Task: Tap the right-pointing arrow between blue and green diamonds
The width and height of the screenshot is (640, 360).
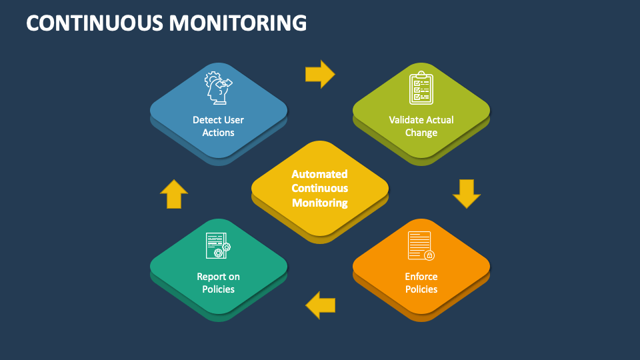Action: click(x=320, y=74)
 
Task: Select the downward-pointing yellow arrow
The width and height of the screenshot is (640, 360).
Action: click(x=466, y=193)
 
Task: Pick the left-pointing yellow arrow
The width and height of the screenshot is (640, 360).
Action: click(x=320, y=305)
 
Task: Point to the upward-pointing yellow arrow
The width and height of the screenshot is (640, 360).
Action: click(x=174, y=195)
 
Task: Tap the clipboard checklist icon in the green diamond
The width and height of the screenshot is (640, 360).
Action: click(x=421, y=88)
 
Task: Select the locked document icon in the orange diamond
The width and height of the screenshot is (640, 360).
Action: click(x=421, y=245)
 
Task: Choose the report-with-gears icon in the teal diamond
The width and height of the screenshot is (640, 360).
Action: click(x=219, y=245)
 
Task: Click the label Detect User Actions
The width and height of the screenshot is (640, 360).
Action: click(x=219, y=126)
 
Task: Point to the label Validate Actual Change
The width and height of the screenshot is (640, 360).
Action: click(x=421, y=126)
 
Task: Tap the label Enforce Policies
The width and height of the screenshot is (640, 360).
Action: click(x=421, y=283)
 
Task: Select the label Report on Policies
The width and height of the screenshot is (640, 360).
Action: click(x=219, y=283)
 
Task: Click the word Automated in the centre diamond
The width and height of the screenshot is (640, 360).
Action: click(x=319, y=174)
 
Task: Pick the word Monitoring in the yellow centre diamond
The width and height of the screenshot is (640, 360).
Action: click(x=319, y=203)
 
